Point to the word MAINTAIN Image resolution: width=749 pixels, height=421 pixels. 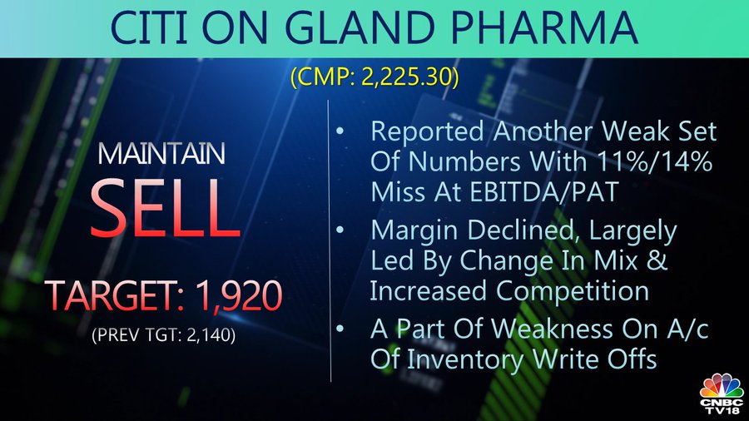(161, 154)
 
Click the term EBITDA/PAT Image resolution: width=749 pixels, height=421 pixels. (544, 192)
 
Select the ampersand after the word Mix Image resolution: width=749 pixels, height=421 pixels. (658, 260)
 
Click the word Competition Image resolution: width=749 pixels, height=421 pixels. (573, 290)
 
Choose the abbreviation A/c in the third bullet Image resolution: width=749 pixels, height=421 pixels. (686, 329)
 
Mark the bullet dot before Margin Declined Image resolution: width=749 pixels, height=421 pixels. (340, 230)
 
